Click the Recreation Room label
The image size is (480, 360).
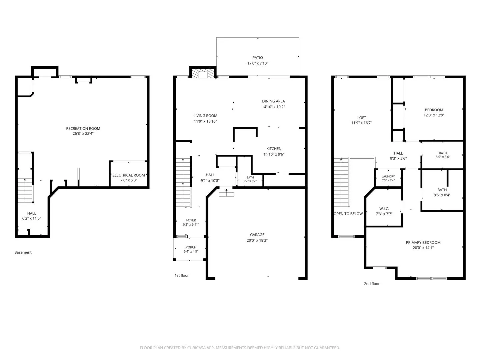(x=83, y=129)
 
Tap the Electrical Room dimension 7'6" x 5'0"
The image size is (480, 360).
(x=129, y=180)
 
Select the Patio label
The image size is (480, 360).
(x=258, y=58)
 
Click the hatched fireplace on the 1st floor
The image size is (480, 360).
(x=203, y=73)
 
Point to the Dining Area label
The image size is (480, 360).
(x=273, y=101)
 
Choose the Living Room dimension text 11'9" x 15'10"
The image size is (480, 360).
(x=205, y=121)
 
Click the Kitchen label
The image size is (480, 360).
(x=274, y=149)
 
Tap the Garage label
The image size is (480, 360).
(x=257, y=235)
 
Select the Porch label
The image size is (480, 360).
(x=191, y=247)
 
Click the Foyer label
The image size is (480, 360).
(x=191, y=220)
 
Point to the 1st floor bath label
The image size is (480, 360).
(x=250, y=177)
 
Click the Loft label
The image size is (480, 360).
(x=361, y=118)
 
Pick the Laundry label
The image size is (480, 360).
(x=388, y=176)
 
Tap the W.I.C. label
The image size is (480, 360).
(x=384, y=209)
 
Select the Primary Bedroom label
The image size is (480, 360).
(x=423, y=243)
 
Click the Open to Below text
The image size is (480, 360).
(x=348, y=214)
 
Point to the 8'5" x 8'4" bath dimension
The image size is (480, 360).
(x=442, y=195)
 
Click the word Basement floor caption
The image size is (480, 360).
(x=23, y=252)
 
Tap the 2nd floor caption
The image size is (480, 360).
(x=372, y=284)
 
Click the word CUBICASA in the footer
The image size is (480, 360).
(x=196, y=348)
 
